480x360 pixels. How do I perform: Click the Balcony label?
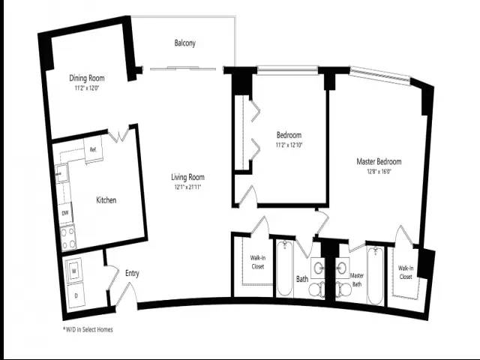point(184,43)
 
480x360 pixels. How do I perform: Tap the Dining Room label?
point(86,78)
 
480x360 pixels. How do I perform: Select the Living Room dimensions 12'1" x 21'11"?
point(187,187)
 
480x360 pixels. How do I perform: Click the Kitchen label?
point(106,200)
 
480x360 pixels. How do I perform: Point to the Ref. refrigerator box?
point(93,149)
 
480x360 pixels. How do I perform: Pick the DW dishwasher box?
point(65,213)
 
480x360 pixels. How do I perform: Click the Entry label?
point(132,274)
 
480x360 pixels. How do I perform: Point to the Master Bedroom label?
point(378,161)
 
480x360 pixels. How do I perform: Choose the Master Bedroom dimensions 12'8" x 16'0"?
point(378,171)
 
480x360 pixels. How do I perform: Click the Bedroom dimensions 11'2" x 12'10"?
point(289,145)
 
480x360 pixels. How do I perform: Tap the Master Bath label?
point(357,279)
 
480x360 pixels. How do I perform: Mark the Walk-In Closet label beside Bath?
point(257,262)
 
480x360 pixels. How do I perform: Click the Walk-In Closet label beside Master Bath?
point(406,272)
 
